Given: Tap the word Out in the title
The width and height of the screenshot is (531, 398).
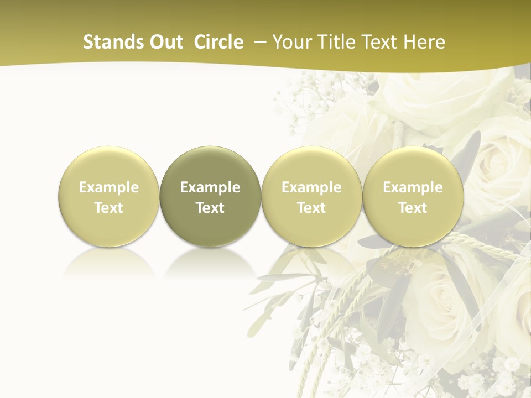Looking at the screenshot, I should point(165,42).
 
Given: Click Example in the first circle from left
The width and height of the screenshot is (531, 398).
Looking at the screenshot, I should point(109,187).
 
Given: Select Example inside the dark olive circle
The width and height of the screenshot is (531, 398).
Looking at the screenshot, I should point(210,187).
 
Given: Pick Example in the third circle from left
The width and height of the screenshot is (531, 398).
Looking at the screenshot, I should point(311,187).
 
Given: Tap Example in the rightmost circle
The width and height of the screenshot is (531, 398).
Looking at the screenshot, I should point(413,187).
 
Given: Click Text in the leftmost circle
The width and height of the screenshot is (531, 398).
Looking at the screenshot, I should point(109,208).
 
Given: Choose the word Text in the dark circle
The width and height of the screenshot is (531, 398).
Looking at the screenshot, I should point(210,208).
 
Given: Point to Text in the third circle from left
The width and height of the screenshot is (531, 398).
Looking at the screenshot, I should point(311,208).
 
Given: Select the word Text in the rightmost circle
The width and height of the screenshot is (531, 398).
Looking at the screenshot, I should point(413,208).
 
